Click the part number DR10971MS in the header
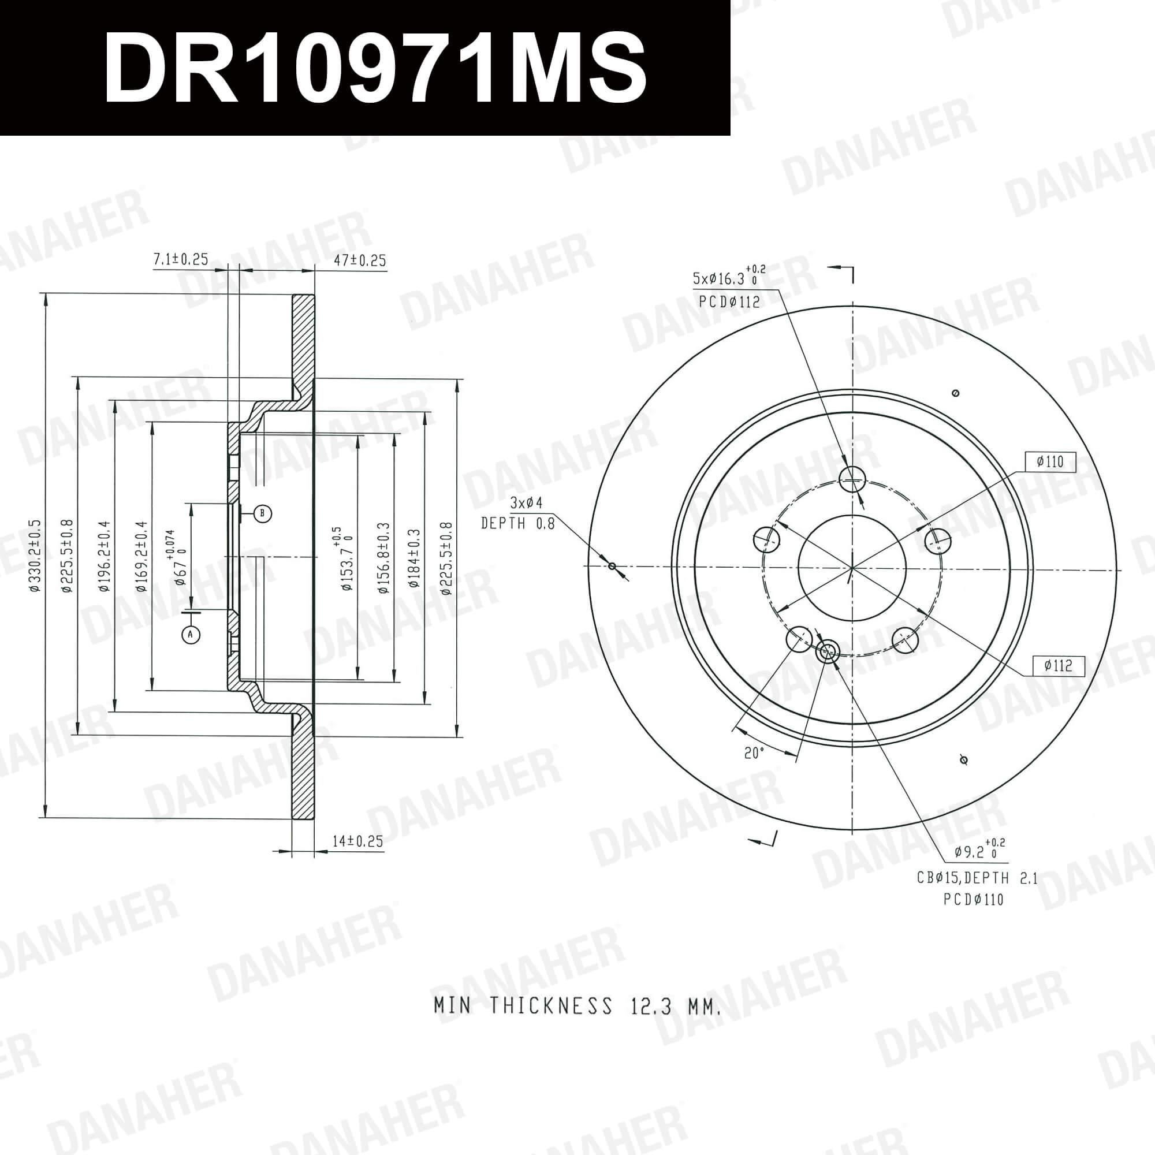tap(375, 67)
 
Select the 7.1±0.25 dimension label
tap(181, 259)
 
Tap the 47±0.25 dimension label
tap(359, 260)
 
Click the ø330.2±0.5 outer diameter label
tap(35, 556)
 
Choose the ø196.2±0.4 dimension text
tap(105, 556)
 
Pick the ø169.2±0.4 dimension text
tap(141, 556)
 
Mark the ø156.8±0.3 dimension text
tap(383, 558)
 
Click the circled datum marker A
tap(191, 634)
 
